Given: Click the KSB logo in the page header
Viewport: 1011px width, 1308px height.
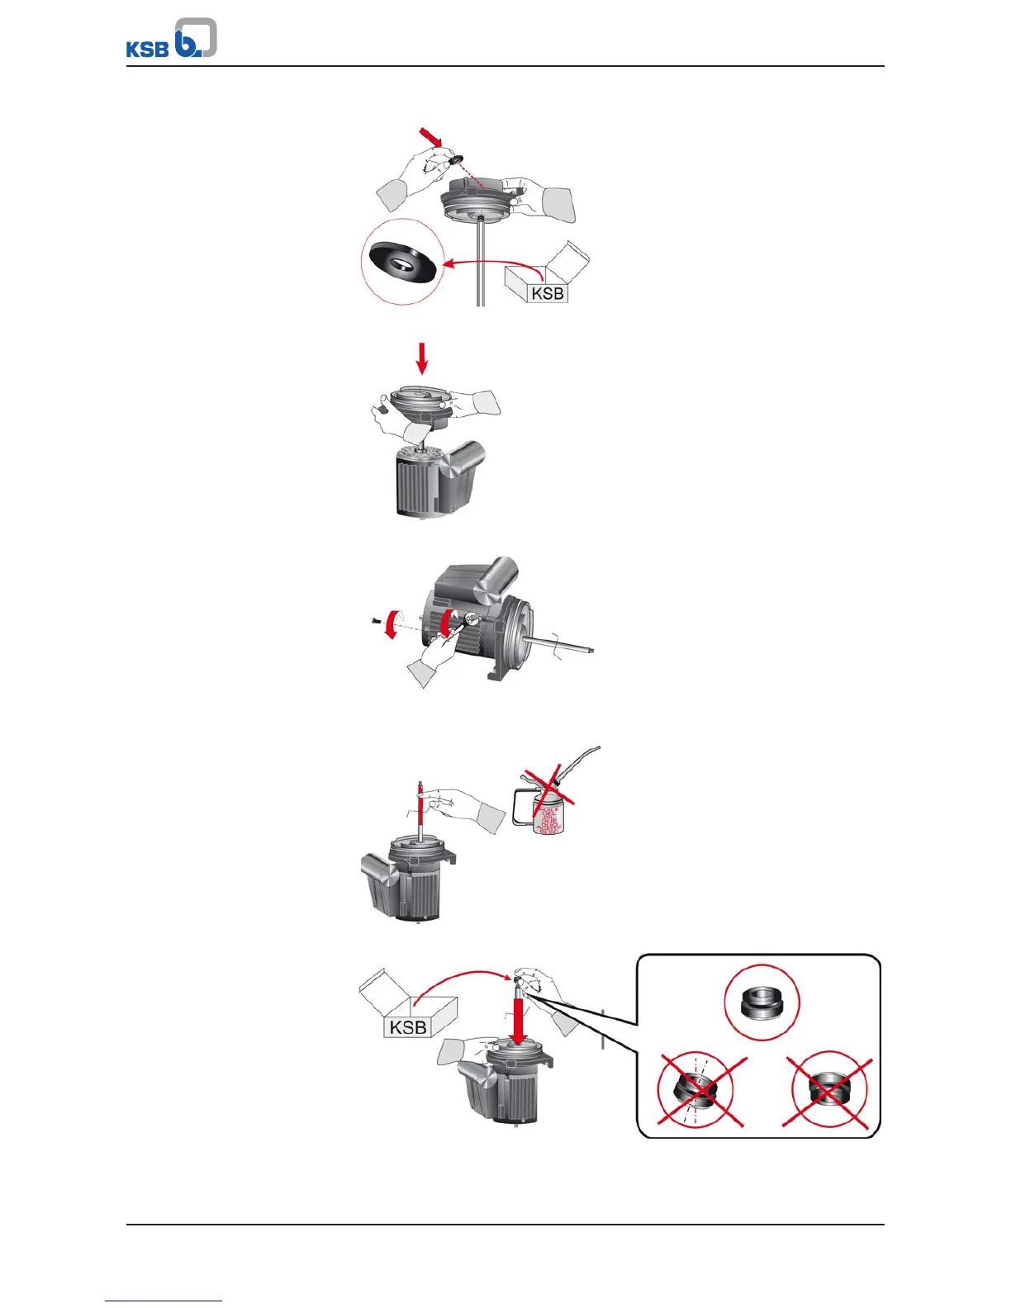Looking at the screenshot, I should (x=171, y=40).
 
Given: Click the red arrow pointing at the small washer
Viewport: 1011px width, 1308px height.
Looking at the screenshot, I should (x=431, y=138).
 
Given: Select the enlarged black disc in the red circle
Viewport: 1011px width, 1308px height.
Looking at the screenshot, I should (x=401, y=263).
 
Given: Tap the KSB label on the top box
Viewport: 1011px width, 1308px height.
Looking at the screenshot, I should (x=548, y=293).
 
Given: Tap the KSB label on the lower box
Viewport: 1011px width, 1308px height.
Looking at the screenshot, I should (x=408, y=1027).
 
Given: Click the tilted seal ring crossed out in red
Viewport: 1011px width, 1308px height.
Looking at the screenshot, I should (x=700, y=1091).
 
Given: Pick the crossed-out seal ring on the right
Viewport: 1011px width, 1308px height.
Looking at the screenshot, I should (x=828, y=1090).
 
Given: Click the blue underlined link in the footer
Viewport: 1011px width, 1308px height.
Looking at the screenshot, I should (x=164, y=1301).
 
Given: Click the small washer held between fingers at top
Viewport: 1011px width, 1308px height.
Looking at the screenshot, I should (x=453, y=158).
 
